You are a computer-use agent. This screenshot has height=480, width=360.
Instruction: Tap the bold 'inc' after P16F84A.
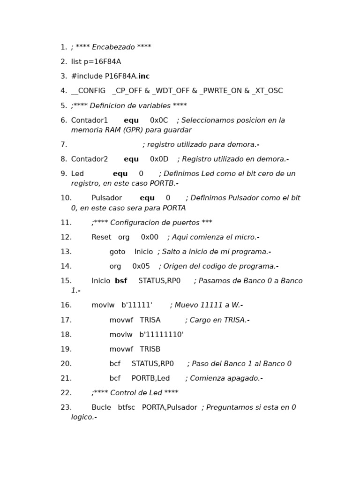pyautogui.click(x=144, y=76)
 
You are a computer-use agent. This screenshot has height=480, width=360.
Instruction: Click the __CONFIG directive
pyautogui.click(x=88, y=91)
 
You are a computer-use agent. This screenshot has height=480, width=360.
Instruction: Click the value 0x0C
pyautogui.click(x=159, y=120)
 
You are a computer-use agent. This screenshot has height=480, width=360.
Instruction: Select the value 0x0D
pyautogui.click(x=159, y=159)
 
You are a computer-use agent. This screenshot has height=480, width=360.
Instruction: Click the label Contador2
pyautogui.click(x=90, y=159)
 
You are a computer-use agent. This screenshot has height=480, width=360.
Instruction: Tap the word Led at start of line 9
pyautogui.click(x=77, y=174)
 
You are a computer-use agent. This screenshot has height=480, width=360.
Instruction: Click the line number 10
pyautogui.click(x=66, y=198)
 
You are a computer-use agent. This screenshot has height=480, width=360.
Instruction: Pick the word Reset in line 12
pyautogui.click(x=101, y=237)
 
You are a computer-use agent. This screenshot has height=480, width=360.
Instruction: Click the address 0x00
pyautogui.click(x=150, y=237)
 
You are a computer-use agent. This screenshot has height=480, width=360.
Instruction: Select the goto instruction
pyautogui.click(x=117, y=252)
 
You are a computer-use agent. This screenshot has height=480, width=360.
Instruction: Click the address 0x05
pyautogui.click(x=141, y=266)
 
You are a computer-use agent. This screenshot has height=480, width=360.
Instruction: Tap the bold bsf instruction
pyautogui.click(x=121, y=281)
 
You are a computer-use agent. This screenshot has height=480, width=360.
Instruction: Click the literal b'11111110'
pyautogui.click(x=161, y=335)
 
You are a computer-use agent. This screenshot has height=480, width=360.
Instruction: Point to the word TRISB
pyautogui.click(x=150, y=349)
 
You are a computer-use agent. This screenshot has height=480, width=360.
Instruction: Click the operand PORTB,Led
pyautogui.click(x=150, y=378)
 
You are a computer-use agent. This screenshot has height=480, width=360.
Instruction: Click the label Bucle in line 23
pyautogui.click(x=101, y=407)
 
